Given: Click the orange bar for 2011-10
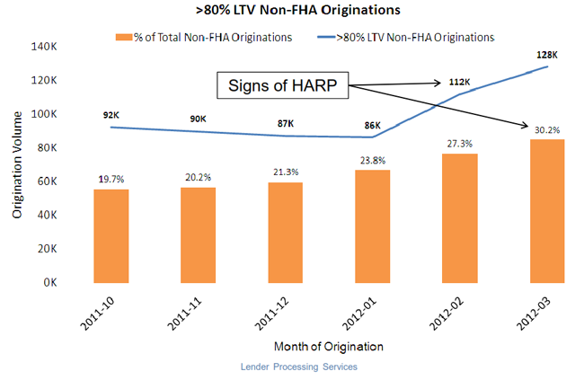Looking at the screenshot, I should [112, 235].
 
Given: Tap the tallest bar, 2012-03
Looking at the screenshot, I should [545, 210].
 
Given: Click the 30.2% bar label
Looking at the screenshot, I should [545, 129].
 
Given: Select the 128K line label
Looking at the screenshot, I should [546, 55].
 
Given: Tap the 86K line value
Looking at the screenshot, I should [372, 126].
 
